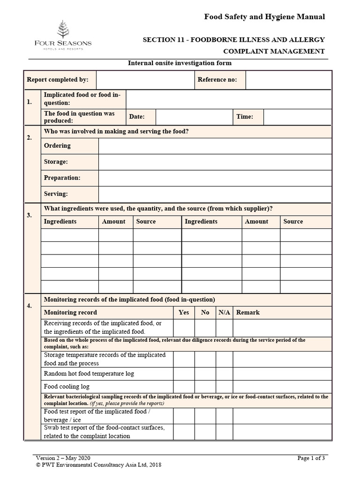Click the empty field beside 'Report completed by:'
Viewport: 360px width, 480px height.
[144, 80]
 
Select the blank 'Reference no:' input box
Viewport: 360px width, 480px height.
[288, 80]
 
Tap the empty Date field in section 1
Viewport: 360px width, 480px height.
[194, 117]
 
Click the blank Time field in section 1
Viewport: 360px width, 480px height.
[297, 117]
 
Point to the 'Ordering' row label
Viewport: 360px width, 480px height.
[57, 146]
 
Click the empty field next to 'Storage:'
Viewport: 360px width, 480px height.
[215, 162]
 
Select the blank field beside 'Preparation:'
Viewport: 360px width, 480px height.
[215, 178]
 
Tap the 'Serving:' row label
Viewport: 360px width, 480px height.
[56, 194]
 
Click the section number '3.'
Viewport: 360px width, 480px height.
[30, 215]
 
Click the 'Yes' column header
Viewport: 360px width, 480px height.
[184, 312]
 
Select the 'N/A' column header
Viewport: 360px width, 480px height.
[224, 312]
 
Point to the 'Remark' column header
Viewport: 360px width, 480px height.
[247, 312]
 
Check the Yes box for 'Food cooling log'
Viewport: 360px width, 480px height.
[184, 386]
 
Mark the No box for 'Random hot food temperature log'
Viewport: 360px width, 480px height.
[205, 374]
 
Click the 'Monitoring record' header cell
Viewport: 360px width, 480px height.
[70, 312]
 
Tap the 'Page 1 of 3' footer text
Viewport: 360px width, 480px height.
[311, 458]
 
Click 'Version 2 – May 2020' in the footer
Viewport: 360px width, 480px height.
[63, 458]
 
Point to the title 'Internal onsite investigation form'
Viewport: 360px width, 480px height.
[180, 63]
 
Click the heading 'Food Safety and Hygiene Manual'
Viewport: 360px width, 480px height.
[264, 17]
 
